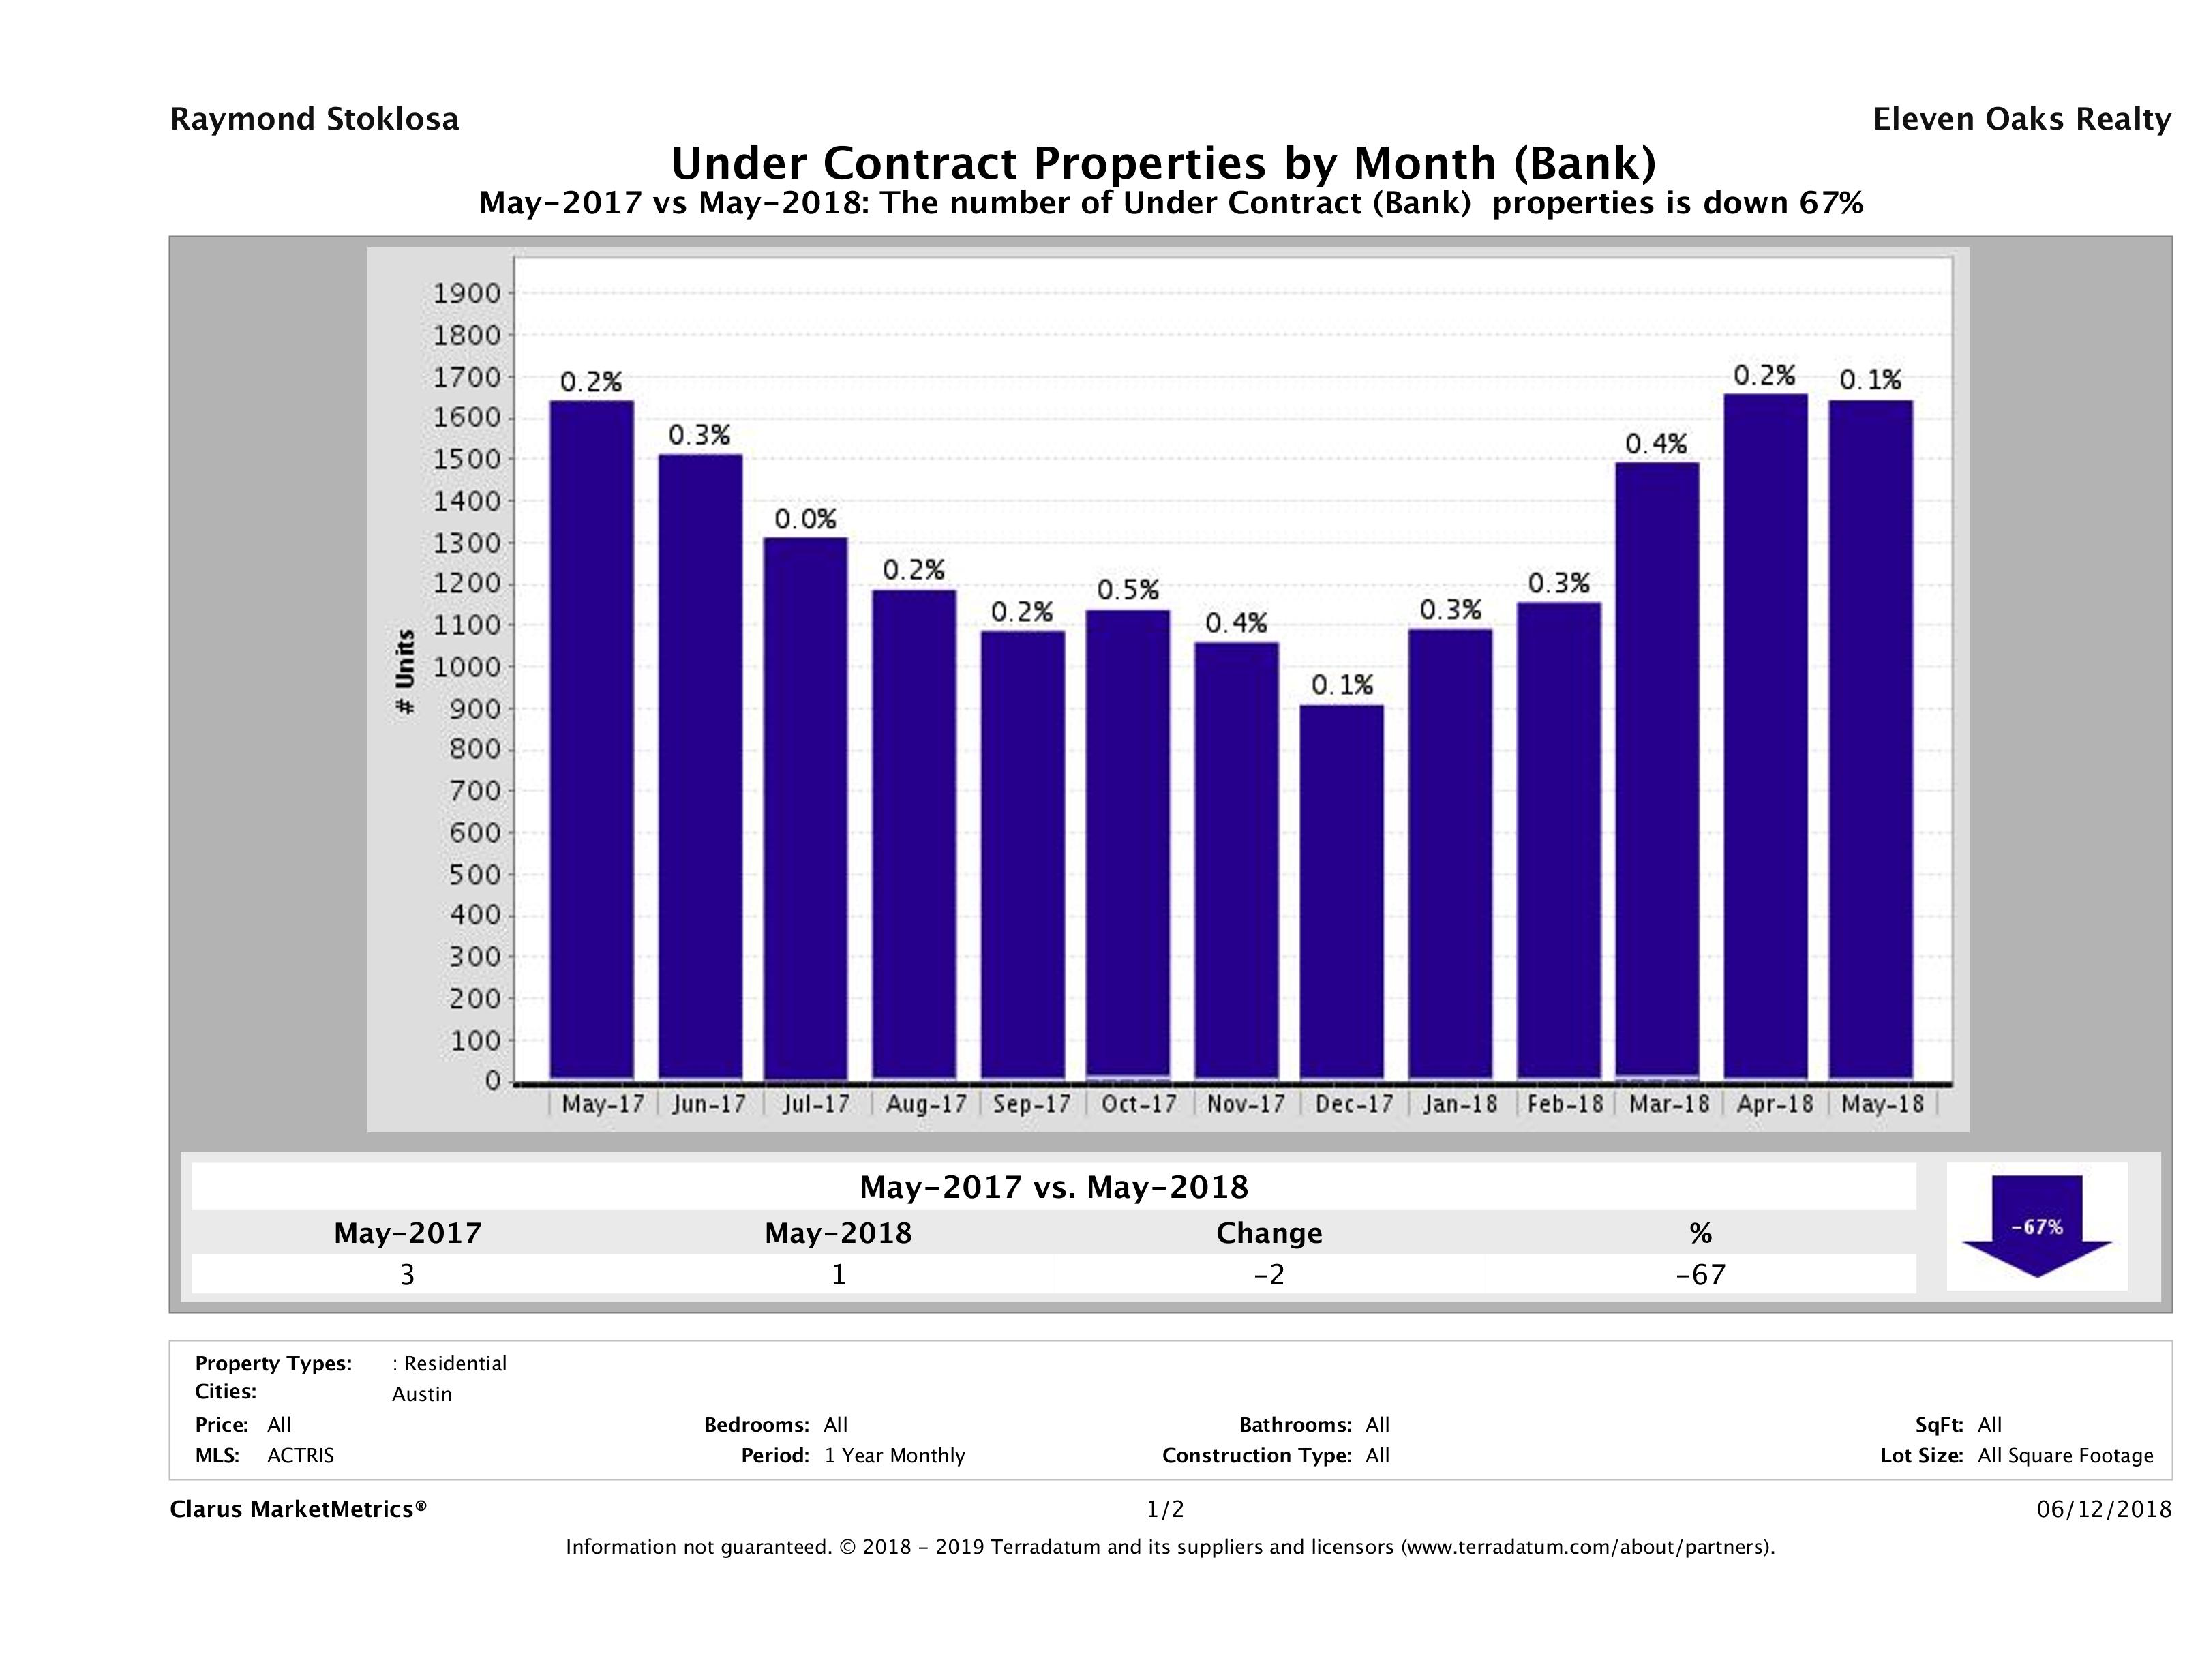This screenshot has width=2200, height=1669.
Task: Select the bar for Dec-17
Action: (1342, 892)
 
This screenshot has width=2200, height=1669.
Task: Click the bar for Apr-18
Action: (1765, 736)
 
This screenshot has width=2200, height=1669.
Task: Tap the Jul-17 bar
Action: (806, 808)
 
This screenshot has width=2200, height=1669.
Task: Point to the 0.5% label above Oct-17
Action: (1128, 590)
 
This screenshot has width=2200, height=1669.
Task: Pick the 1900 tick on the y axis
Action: (466, 293)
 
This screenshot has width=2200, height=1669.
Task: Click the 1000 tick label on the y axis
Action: (466, 666)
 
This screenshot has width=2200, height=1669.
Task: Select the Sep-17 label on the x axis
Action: (1031, 1104)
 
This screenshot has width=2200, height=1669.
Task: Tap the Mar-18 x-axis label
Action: (1668, 1104)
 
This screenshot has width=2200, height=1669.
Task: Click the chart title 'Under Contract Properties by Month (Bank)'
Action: (1164, 163)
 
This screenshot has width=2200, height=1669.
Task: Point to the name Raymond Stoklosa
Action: (314, 119)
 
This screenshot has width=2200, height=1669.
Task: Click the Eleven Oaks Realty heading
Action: (2021, 119)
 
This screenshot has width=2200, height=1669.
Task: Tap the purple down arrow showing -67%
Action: (2037, 1225)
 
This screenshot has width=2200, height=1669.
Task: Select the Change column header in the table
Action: (1269, 1233)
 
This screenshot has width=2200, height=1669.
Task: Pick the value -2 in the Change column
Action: (1269, 1274)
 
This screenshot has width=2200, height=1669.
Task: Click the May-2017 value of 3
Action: (407, 1274)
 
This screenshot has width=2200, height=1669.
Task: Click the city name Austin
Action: (422, 1394)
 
